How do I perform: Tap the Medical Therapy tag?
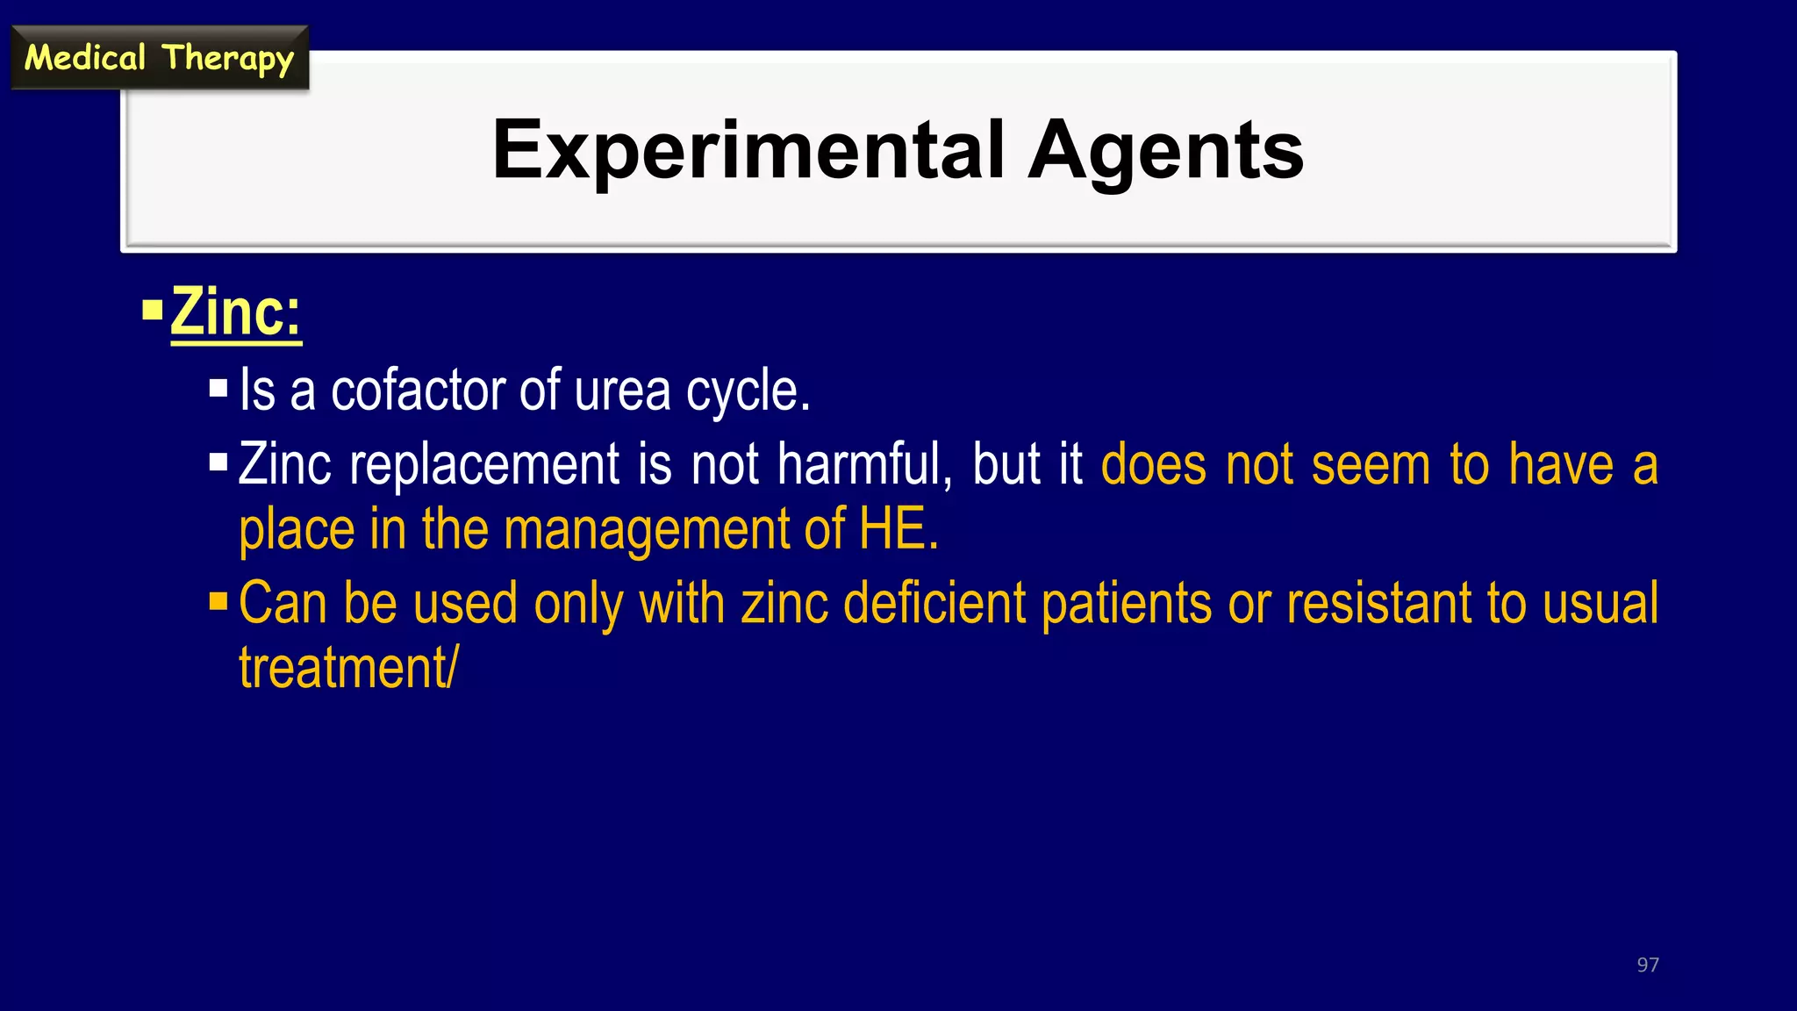point(159,58)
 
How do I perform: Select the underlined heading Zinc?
point(235,312)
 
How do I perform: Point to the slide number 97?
point(1647,964)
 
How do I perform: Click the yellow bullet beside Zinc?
point(153,310)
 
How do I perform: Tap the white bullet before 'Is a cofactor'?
point(218,388)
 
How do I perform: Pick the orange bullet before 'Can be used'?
point(218,602)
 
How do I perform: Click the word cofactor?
point(416,390)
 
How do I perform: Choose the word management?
point(647,530)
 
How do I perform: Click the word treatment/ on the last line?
point(347,669)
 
